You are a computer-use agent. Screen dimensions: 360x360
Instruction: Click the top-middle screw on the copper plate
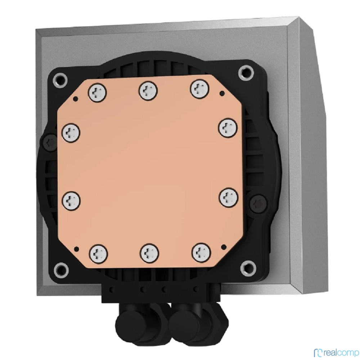(x=148, y=91)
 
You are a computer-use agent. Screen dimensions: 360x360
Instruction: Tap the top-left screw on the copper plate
(x=97, y=93)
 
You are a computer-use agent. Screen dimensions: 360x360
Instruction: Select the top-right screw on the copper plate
(x=199, y=89)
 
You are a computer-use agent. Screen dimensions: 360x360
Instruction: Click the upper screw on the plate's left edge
(x=71, y=133)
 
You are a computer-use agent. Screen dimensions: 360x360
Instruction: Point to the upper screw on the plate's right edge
(x=228, y=128)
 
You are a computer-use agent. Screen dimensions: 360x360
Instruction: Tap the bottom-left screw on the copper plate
(x=99, y=254)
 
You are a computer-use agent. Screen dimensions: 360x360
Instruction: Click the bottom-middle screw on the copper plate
(x=149, y=253)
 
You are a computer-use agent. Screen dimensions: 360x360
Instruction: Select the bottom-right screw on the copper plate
(x=201, y=252)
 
